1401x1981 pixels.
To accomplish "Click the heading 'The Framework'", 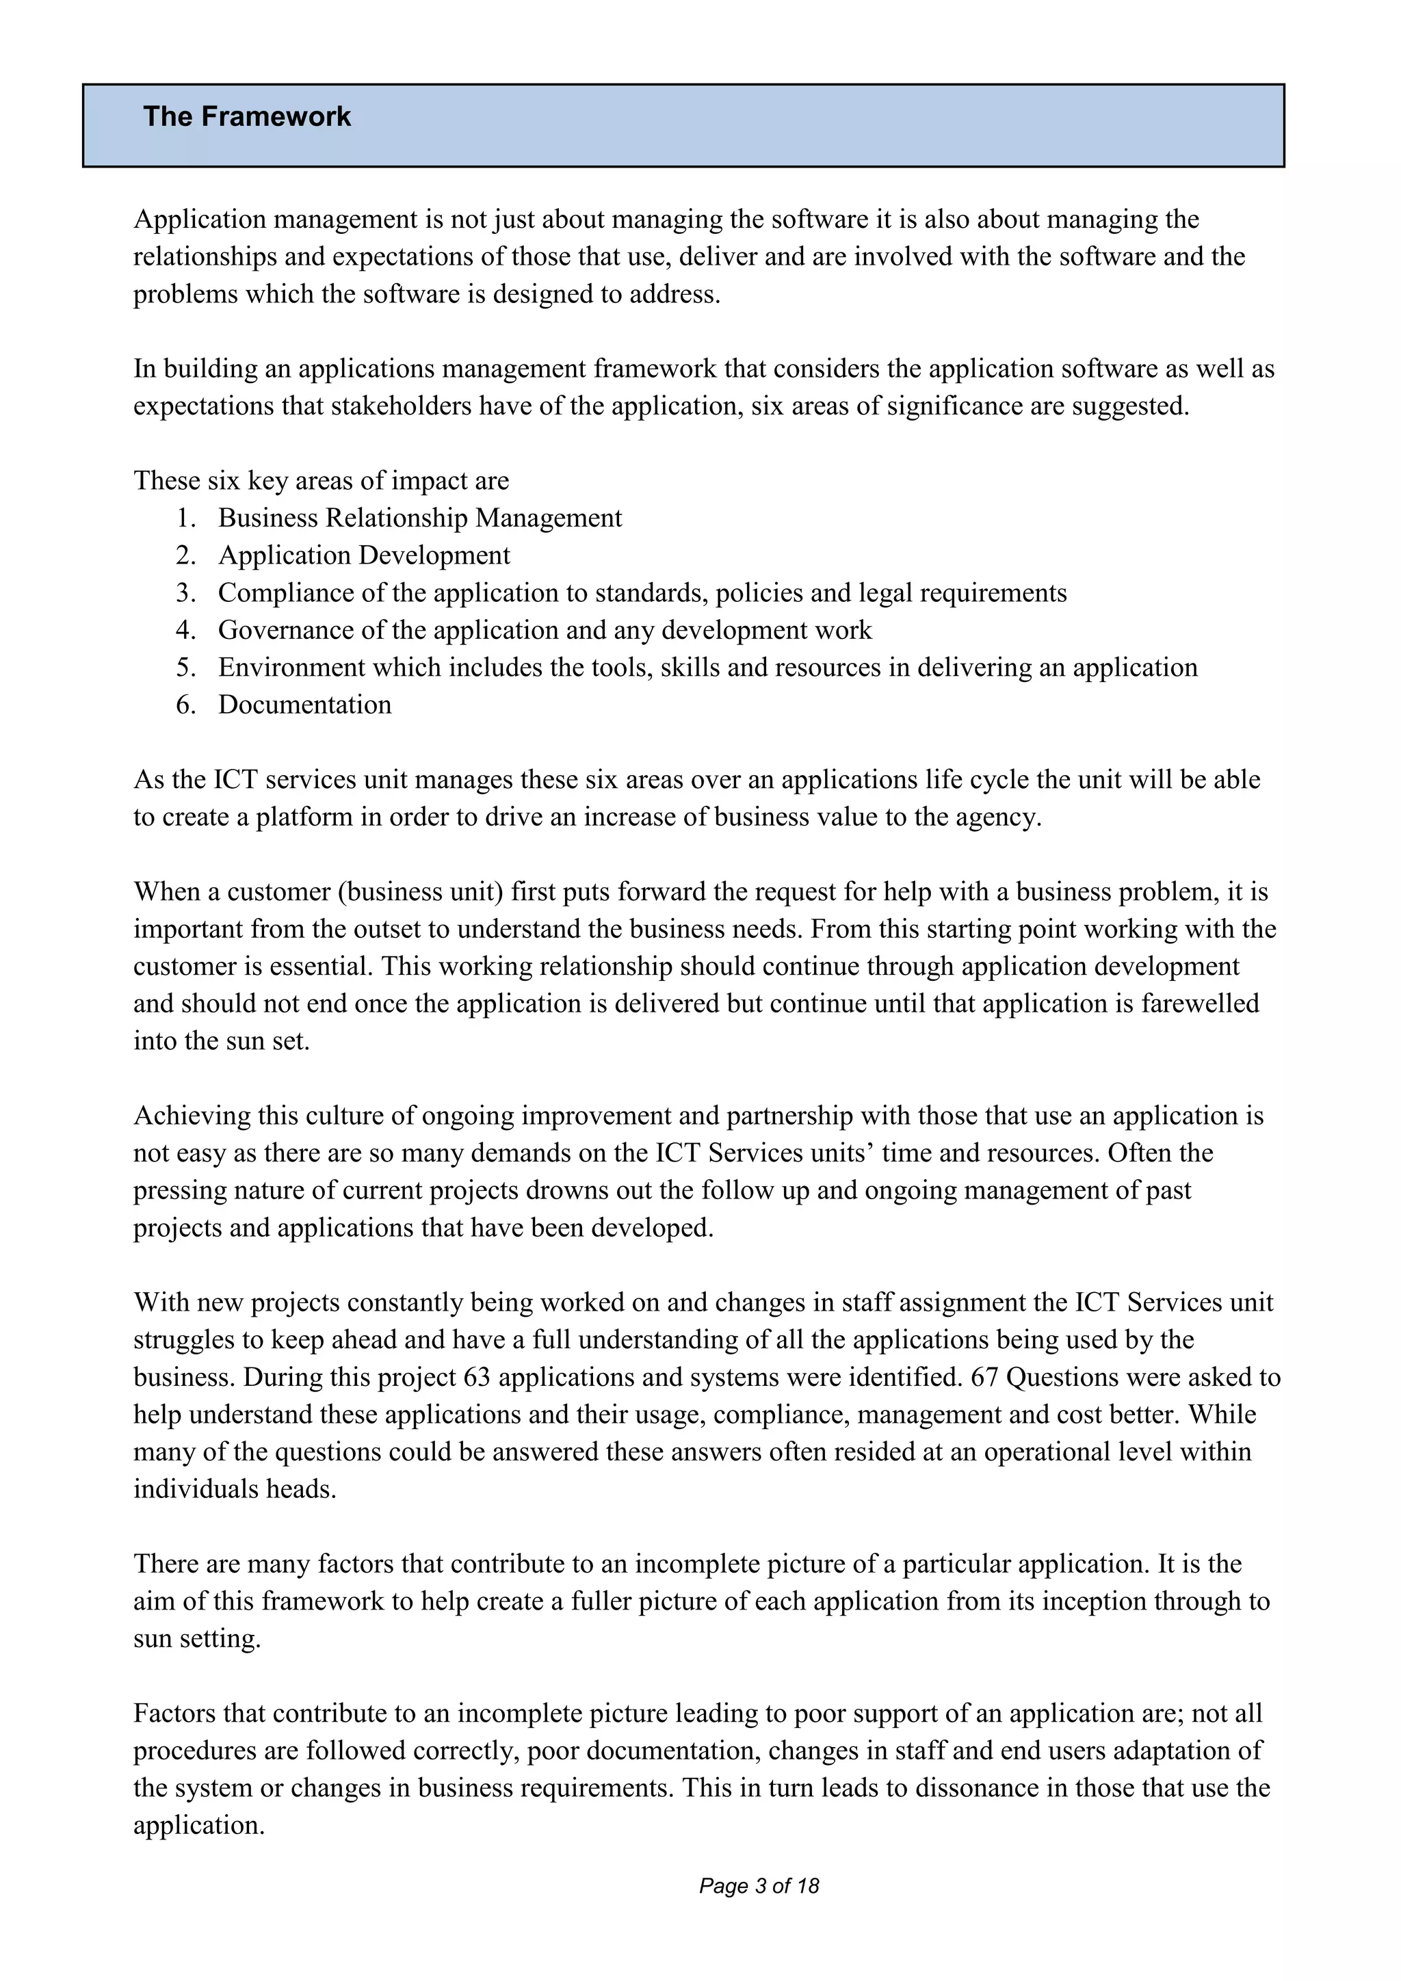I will [x=247, y=116].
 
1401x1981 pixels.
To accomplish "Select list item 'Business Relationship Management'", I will [x=419, y=518].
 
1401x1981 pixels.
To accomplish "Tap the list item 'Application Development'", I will [x=363, y=555].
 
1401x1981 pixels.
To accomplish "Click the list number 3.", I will [x=185, y=593].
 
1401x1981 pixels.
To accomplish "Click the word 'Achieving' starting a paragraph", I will [x=192, y=1116].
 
